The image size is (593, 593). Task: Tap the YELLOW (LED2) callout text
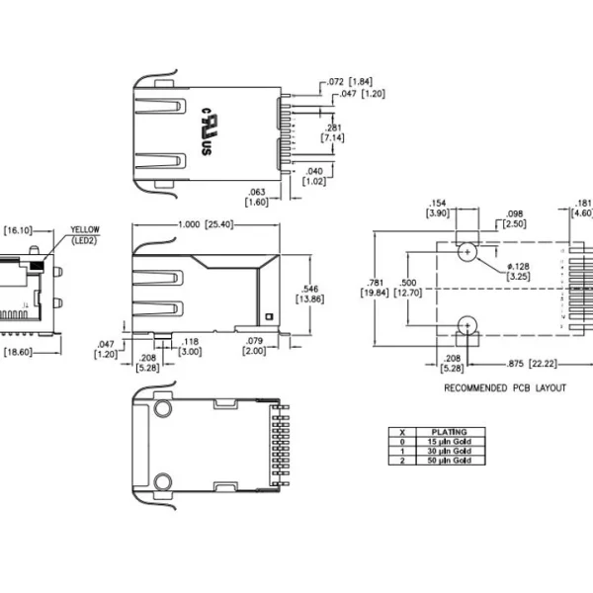(84, 234)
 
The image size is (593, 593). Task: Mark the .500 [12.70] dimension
(408, 287)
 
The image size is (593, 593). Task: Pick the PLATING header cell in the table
(448, 432)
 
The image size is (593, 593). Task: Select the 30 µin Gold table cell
(448, 452)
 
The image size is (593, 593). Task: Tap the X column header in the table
(401, 432)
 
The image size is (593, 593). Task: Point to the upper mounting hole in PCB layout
(467, 251)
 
